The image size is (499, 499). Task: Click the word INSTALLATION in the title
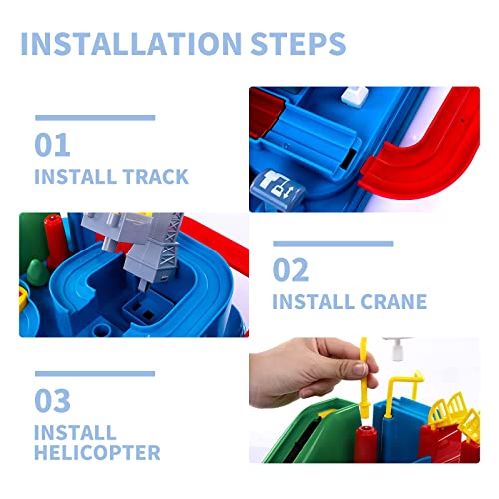(131, 44)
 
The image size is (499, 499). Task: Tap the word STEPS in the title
(298, 44)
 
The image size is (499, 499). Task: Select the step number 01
(52, 145)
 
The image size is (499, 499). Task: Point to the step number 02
(291, 270)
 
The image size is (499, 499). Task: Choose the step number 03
(52, 400)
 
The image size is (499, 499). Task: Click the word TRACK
(155, 177)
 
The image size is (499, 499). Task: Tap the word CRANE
(393, 302)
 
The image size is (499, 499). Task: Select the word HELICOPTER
(97, 453)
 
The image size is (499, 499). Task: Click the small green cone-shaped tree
(37, 272)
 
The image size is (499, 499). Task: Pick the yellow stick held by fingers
(364, 377)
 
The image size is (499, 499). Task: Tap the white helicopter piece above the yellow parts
(396, 348)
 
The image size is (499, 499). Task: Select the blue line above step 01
(95, 117)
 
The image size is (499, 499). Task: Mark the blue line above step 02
(333, 244)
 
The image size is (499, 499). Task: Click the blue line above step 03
(95, 374)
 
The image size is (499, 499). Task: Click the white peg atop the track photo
(355, 95)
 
